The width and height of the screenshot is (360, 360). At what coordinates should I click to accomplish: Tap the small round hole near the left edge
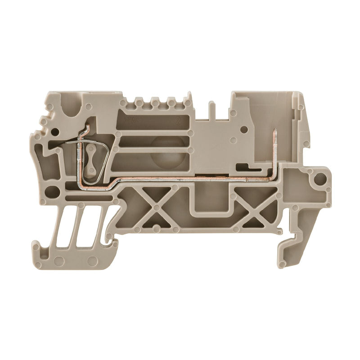pyautogui.click(x=55, y=132)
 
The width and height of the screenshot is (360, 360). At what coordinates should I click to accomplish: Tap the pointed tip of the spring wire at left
pyautogui.click(x=66, y=144)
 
